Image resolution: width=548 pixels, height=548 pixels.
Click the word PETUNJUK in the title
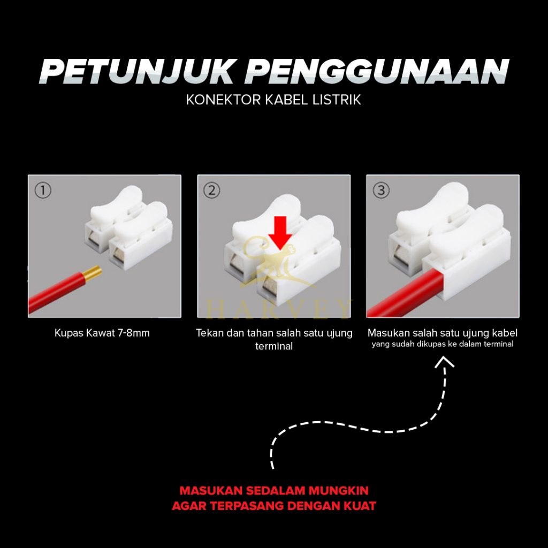[136, 71]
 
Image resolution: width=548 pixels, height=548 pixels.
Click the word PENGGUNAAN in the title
[377, 71]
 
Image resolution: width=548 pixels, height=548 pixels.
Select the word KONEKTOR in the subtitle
[223, 100]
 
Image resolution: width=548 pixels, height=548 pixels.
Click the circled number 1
[43, 191]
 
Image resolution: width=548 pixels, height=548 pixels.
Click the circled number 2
[212, 191]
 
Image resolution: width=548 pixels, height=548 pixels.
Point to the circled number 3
[381, 191]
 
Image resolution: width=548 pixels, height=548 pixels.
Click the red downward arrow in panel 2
[280, 233]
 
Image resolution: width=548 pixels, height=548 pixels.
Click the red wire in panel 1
[56, 293]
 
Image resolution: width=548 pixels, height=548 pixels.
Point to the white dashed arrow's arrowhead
[444, 361]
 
